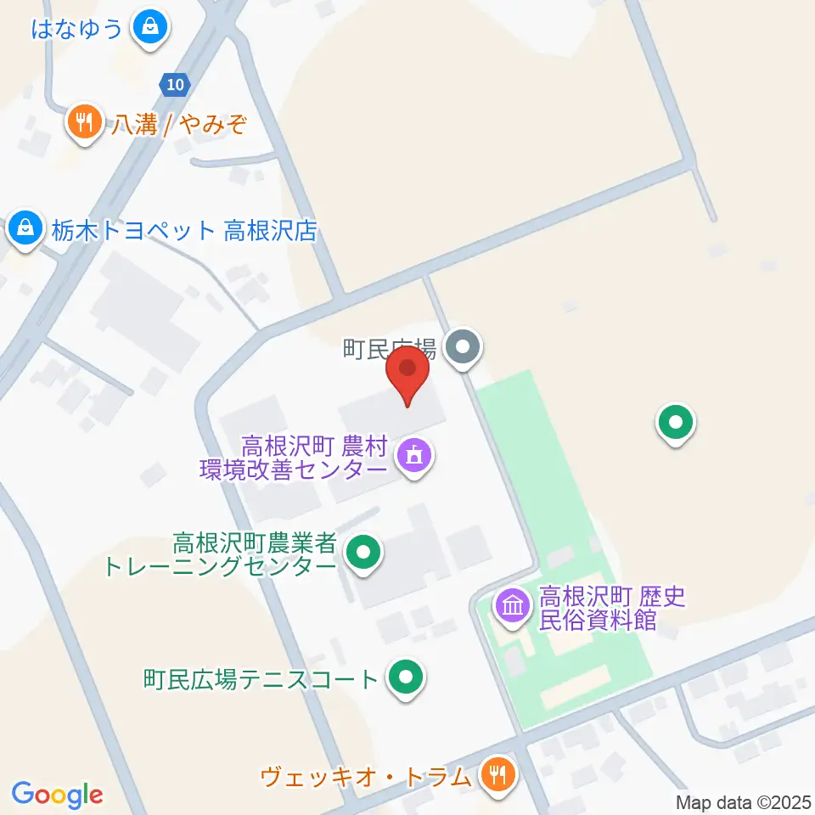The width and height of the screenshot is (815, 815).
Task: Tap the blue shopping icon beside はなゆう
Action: click(150, 27)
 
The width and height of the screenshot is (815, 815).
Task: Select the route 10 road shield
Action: click(175, 84)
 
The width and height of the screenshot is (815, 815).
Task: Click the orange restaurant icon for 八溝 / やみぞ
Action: click(83, 122)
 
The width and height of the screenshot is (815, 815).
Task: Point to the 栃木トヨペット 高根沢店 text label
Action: click(184, 230)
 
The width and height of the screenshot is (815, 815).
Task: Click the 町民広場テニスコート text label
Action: click(261, 679)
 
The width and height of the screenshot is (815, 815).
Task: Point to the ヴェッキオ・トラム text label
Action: click(365, 776)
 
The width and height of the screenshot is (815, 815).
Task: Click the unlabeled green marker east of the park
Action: click(676, 421)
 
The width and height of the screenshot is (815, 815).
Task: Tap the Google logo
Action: click(57, 794)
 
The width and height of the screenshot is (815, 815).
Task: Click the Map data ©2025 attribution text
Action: click(743, 801)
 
